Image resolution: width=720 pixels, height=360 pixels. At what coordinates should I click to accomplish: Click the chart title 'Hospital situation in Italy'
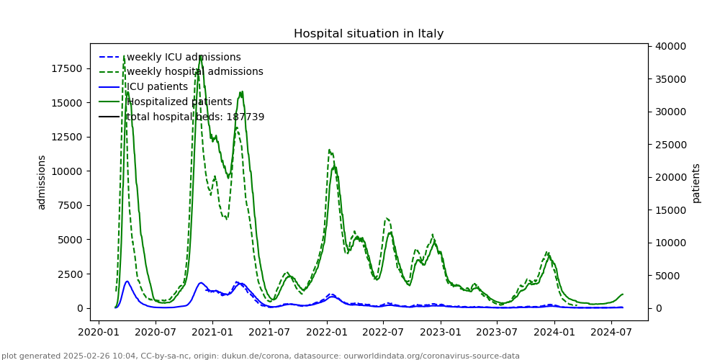click(368, 34)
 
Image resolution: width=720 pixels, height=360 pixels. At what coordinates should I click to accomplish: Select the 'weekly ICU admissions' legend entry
click(184, 57)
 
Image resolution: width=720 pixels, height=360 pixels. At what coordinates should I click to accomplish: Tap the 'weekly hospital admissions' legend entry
click(194, 72)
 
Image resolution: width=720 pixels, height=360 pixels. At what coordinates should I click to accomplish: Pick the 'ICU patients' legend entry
click(157, 87)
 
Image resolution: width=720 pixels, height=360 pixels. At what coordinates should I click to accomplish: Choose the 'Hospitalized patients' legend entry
click(179, 102)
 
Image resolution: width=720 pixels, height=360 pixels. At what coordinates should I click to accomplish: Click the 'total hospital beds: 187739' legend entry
click(195, 117)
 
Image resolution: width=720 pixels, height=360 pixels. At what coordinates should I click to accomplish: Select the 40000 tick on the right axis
click(670, 46)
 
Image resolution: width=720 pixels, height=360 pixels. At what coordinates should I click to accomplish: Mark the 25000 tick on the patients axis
click(670, 145)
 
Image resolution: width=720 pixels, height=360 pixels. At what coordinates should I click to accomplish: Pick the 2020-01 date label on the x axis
click(99, 332)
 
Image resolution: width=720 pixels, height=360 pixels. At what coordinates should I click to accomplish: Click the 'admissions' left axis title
click(42, 182)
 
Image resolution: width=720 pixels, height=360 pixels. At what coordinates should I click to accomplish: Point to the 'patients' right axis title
click(696, 183)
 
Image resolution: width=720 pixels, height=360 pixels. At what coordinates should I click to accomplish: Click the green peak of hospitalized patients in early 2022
click(334, 167)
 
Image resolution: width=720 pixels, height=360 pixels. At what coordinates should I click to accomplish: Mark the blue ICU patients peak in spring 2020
click(127, 282)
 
